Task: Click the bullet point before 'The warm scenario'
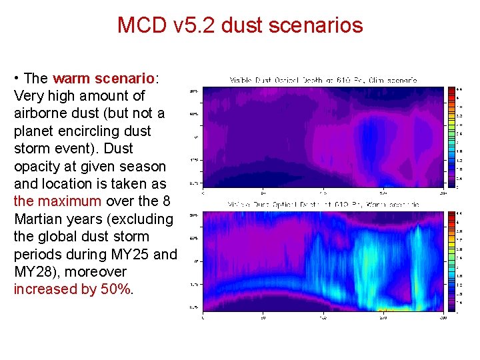[17, 79]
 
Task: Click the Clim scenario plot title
[323, 80]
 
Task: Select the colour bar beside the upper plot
[452, 137]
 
